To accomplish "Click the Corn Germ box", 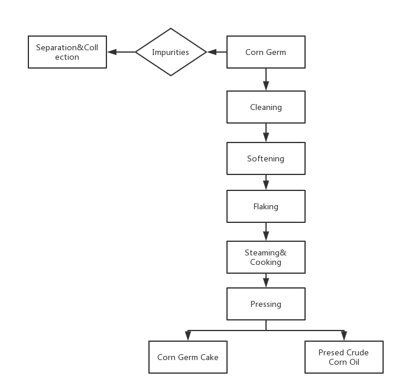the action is pos(266,52).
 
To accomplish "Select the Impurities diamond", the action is pos(171,52).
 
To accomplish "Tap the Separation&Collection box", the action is pos(67,52).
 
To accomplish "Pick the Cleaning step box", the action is pos(266,107).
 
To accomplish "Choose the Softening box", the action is pos(266,158).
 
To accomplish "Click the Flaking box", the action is pos(266,206).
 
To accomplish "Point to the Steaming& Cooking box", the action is pos(266,257).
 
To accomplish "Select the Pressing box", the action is pos(266,304).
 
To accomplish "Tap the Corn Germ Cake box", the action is pos(188,357).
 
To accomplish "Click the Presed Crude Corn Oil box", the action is pos(344,357).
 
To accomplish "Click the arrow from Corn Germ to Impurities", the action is pos(217,52).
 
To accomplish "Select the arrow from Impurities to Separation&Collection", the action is pos(122,52).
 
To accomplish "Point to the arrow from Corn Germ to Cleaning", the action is pos(266,79).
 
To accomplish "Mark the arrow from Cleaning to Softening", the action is pos(266,132).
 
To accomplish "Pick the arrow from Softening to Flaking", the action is pos(266,182).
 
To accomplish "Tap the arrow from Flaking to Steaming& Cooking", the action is pos(266,232).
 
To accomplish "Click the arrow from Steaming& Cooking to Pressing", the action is pos(266,280).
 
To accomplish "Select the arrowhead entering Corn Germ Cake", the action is pos(188,336).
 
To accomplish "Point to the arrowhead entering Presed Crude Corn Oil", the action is pos(344,336).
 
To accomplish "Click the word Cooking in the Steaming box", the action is pos(265,263).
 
